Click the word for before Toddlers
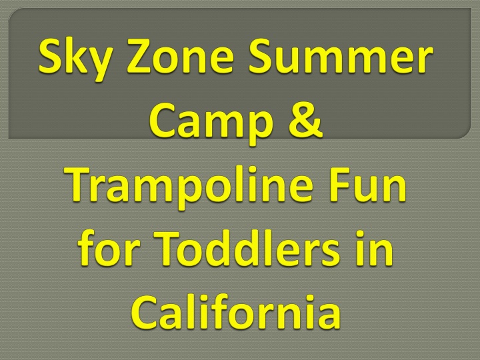[109, 247]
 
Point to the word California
[236, 311]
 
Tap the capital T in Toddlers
[170, 248]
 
